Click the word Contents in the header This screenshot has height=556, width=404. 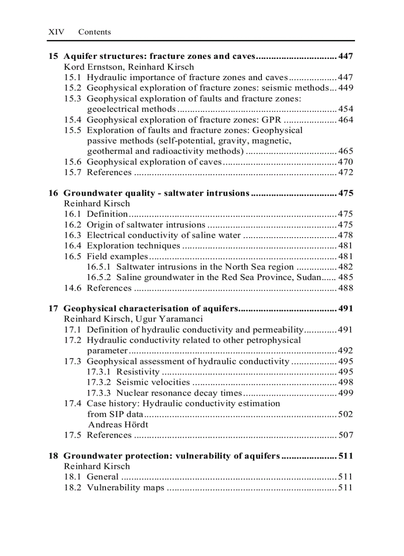click(95, 32)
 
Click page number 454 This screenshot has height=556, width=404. click(345, 109)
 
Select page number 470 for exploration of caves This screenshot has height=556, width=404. click(345, 162)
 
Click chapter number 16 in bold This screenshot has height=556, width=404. click(53, 193)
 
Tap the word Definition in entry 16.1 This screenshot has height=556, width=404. click(107, 214)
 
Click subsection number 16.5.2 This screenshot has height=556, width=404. click(99, 277)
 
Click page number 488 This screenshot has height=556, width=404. click(345, 288)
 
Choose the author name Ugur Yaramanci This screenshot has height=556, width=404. click(171, 319)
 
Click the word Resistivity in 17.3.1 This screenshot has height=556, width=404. click(138, 372)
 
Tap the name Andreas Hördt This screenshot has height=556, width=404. click(118, 425)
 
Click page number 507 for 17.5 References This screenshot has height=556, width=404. click(345, 435)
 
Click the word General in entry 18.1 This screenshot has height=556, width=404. click(102, 477)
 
